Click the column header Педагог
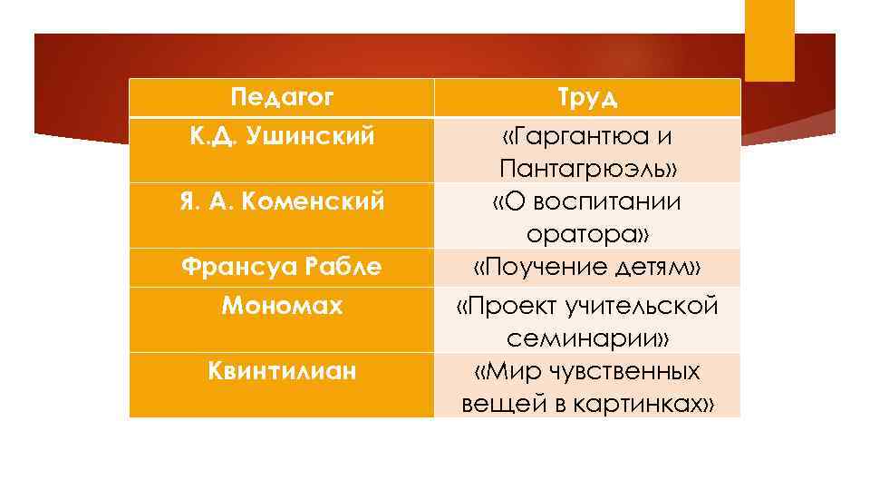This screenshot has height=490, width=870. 282,96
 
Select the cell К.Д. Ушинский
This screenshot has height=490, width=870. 282,137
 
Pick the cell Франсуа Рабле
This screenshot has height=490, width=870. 282,267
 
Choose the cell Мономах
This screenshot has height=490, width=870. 282,306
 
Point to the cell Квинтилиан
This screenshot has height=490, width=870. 282,371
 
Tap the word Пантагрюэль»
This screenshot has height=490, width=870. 588,170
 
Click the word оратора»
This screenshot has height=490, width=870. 588,234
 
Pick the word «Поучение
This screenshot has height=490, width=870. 534,267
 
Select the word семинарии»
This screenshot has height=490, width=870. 588,338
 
